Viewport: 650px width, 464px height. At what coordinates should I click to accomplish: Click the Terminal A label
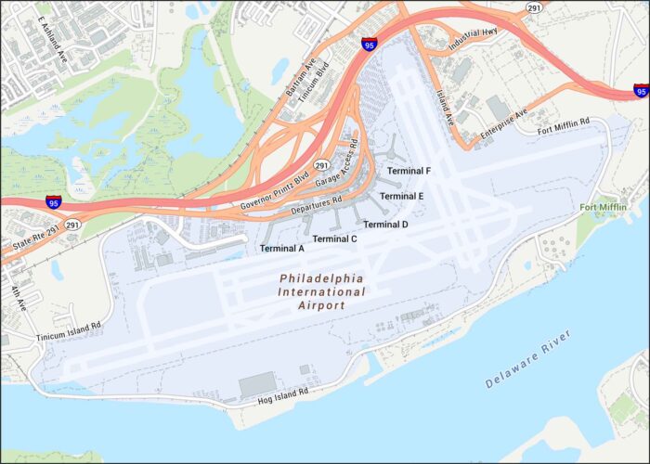(282, 249)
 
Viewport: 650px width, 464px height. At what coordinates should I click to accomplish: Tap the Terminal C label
(335, 239)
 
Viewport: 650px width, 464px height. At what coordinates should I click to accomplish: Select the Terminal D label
(385, 225)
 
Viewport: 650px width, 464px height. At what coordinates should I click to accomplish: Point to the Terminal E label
(401, 197)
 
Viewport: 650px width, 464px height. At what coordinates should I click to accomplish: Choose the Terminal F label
(409, 172)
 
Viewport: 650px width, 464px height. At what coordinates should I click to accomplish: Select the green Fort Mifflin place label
(603, 207)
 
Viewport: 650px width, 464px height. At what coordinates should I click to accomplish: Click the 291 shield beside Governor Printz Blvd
(321, 164)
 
